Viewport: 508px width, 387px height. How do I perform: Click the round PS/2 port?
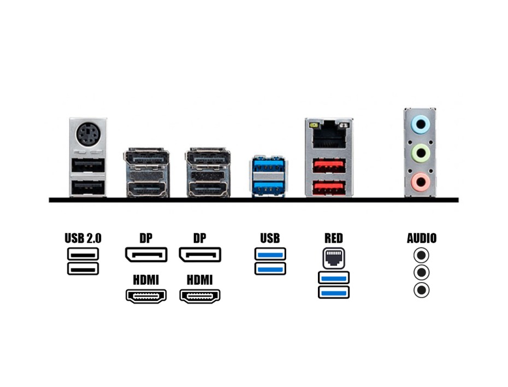[87, 134]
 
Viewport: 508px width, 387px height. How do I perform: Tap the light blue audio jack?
[420, 125]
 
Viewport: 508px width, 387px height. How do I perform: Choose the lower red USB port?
[328, 187]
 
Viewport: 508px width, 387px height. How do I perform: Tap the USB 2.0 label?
[83, 238]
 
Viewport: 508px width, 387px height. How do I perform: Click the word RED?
[333, 238]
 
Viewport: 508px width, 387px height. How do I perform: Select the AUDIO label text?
[422, 238]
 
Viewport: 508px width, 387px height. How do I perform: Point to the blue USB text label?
[270, 238]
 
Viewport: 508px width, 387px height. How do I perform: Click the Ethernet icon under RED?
[333, 258]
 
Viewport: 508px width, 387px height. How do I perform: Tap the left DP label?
[146, 238]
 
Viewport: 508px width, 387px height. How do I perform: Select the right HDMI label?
[200, 280]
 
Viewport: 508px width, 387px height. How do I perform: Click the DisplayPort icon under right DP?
[200, 255]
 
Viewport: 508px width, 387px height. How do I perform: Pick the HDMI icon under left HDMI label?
[146, 296]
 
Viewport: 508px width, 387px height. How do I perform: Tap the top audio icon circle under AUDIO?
[421, 255]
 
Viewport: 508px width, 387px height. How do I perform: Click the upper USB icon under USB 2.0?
[83, 254]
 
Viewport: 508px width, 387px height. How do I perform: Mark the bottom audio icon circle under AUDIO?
[421, 290]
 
